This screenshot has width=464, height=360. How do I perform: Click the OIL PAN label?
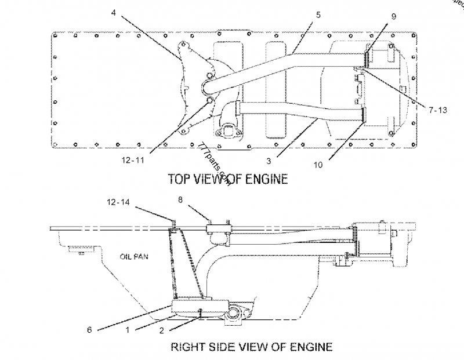click(x=132, y=254)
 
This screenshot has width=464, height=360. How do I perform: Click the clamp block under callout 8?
click(x=219, y=234)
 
